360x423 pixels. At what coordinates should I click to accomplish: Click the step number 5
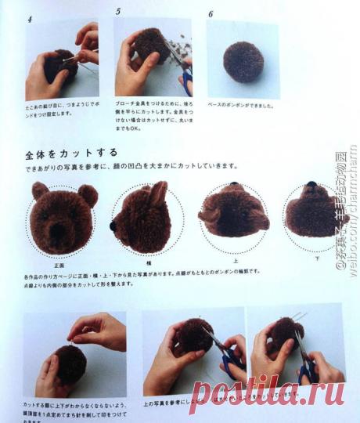tap(118, 12)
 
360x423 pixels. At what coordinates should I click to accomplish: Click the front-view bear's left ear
tap(40, 190)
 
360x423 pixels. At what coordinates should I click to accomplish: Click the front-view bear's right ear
tap(88, 194)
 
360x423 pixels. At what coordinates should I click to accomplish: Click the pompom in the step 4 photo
tap(59, 67)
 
